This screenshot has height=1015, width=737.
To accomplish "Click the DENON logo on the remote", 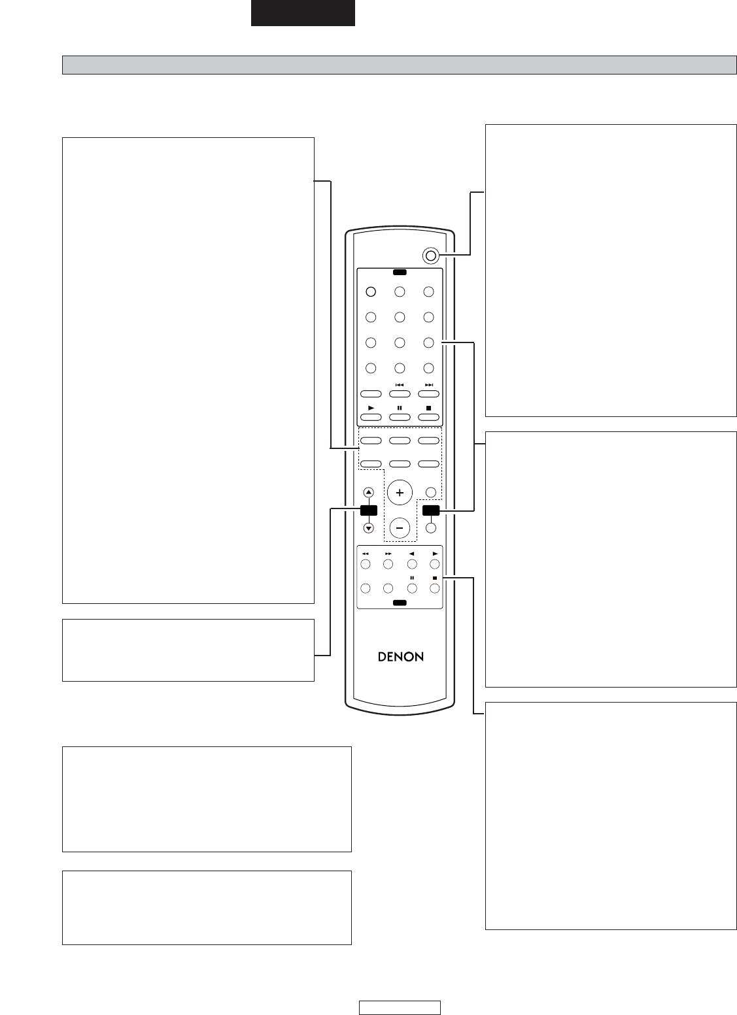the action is (401, 657).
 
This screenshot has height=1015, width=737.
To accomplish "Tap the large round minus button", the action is (400, 528).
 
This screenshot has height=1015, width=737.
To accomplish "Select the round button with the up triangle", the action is (369, 493).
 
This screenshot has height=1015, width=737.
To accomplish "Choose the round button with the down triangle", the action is (369, 528).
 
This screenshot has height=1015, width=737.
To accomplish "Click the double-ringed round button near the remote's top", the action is (430, 256).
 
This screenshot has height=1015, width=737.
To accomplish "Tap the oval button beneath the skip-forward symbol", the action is (428, 393).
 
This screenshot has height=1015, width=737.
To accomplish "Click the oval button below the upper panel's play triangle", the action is (370, 417).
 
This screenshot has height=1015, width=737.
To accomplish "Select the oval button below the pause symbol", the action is (400, 417).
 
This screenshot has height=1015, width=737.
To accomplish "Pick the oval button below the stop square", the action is (428, 417).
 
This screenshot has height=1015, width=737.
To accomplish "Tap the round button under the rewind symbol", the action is (366, 564).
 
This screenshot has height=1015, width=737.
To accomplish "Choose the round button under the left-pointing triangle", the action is (411, 564).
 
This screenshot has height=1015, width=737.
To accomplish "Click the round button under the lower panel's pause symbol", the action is (411, 588).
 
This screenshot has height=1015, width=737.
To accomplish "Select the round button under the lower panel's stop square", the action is (435, 588).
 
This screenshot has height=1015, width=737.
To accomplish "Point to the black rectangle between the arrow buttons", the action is (369, 510).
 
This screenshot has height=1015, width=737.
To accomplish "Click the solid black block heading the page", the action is (303, 12).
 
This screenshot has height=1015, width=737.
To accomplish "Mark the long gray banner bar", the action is (400, 65).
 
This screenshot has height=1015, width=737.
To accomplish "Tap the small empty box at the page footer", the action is (400, 1007).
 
